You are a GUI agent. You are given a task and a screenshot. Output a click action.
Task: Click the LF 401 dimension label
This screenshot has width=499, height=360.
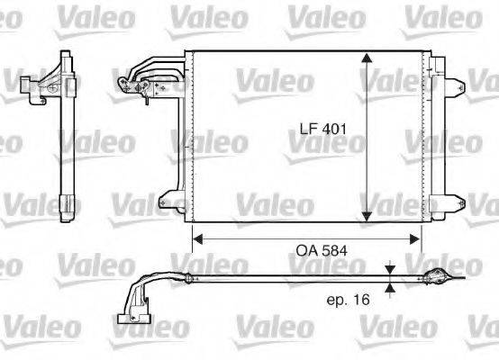[322, 129]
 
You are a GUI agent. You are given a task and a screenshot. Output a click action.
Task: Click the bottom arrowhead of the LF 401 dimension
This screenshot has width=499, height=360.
[367, 215]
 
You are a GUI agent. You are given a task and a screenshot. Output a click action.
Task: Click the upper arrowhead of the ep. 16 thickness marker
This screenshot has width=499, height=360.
[389, 269]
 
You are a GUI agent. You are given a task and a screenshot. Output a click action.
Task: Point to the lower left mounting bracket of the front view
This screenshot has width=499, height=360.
[169, 201]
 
